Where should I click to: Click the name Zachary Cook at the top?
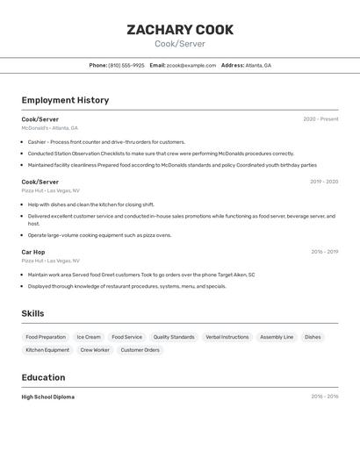[180, 30]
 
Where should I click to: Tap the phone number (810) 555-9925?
[126, 65]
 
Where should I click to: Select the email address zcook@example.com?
[191, 65]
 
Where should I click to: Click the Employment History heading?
[65, 100]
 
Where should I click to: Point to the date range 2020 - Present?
[320, 119]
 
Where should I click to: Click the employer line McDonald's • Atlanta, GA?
[50, 128]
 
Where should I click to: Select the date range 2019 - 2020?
[324, 182]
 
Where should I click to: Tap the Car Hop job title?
[33, 252]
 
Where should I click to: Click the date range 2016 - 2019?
[324, 252]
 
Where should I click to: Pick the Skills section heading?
[32, 313]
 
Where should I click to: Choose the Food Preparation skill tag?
[46, 337]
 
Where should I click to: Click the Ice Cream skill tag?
[89, 337]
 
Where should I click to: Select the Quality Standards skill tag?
[174, 337]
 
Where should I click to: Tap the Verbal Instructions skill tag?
[227, 337]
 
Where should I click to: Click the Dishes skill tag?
[313, 337]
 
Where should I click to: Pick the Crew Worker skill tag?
[95, 350]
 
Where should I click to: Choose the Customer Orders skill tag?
[140, 350]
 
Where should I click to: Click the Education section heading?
[43, 377]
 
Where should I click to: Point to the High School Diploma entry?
[48, 397]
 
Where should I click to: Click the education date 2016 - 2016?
[324, 397]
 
